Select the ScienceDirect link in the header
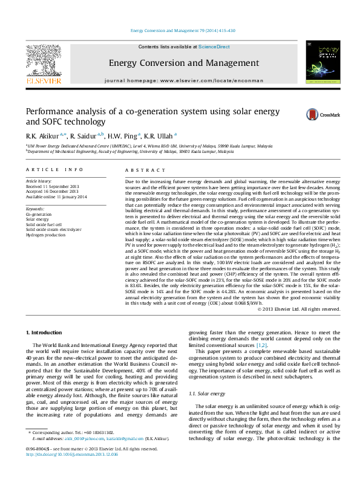[x=215, y=47]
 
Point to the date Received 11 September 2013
[x=52, y=186]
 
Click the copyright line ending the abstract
[x=299, y=309]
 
